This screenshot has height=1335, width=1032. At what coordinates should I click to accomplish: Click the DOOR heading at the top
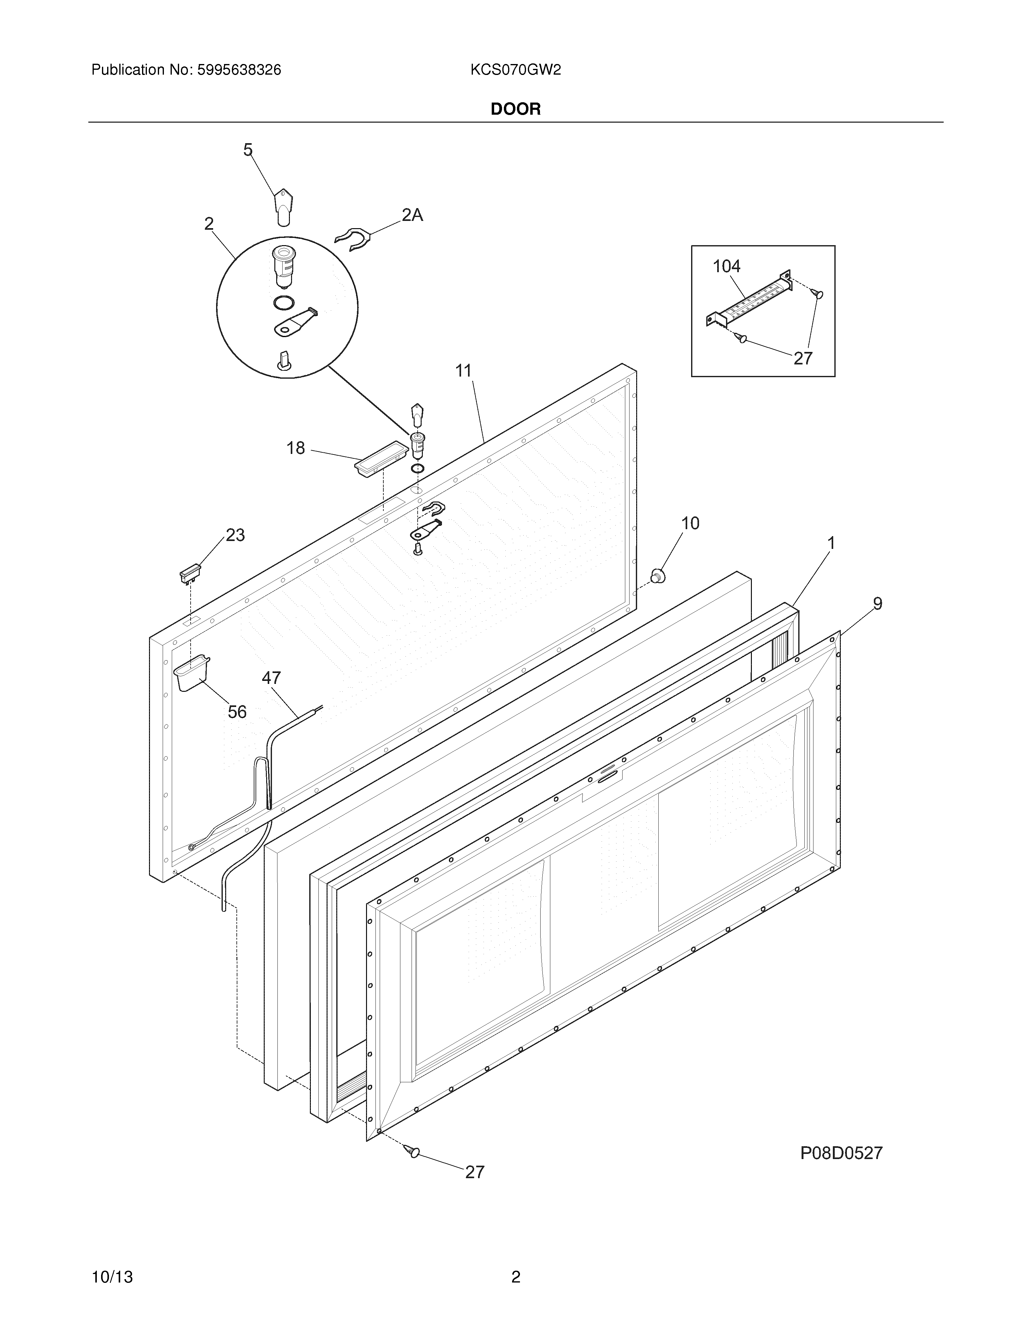coord(515,110)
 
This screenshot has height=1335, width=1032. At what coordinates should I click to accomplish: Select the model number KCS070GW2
coord(515,70)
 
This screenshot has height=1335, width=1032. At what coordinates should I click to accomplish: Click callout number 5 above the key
coord(248,150)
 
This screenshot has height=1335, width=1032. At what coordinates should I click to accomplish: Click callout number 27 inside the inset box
coord(803,358)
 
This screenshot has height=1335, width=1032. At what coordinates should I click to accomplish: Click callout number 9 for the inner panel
coord(877,604)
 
